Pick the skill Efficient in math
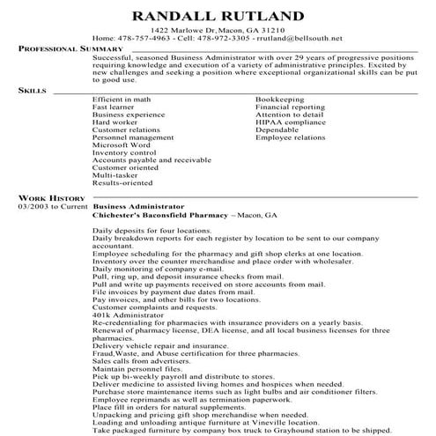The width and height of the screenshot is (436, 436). pos(119,100)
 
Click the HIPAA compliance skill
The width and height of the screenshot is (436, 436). pos(287,122)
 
